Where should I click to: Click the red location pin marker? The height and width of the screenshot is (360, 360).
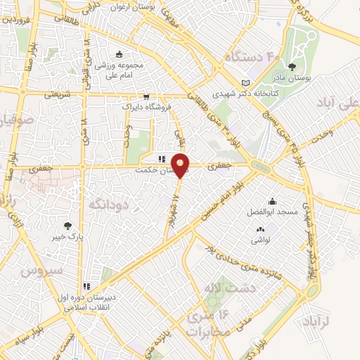pyautogui.click(x=181, y=165)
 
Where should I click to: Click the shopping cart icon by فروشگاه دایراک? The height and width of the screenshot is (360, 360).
pyautogui.click(x=146, y=97)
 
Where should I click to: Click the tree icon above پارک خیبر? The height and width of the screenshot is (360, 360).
pyautogui.click(x=67, y=226)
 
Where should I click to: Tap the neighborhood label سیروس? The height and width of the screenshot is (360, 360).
pyautogui.click(x=37, y=271)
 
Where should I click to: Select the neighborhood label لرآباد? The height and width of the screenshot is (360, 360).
pyautogui.click(x=341, y=321)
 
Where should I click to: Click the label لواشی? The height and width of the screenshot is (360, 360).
pyautogui.click(x=261, y=240)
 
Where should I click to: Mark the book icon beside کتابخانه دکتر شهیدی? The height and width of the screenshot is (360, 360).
pyautogui.click(x=245, y=82)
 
